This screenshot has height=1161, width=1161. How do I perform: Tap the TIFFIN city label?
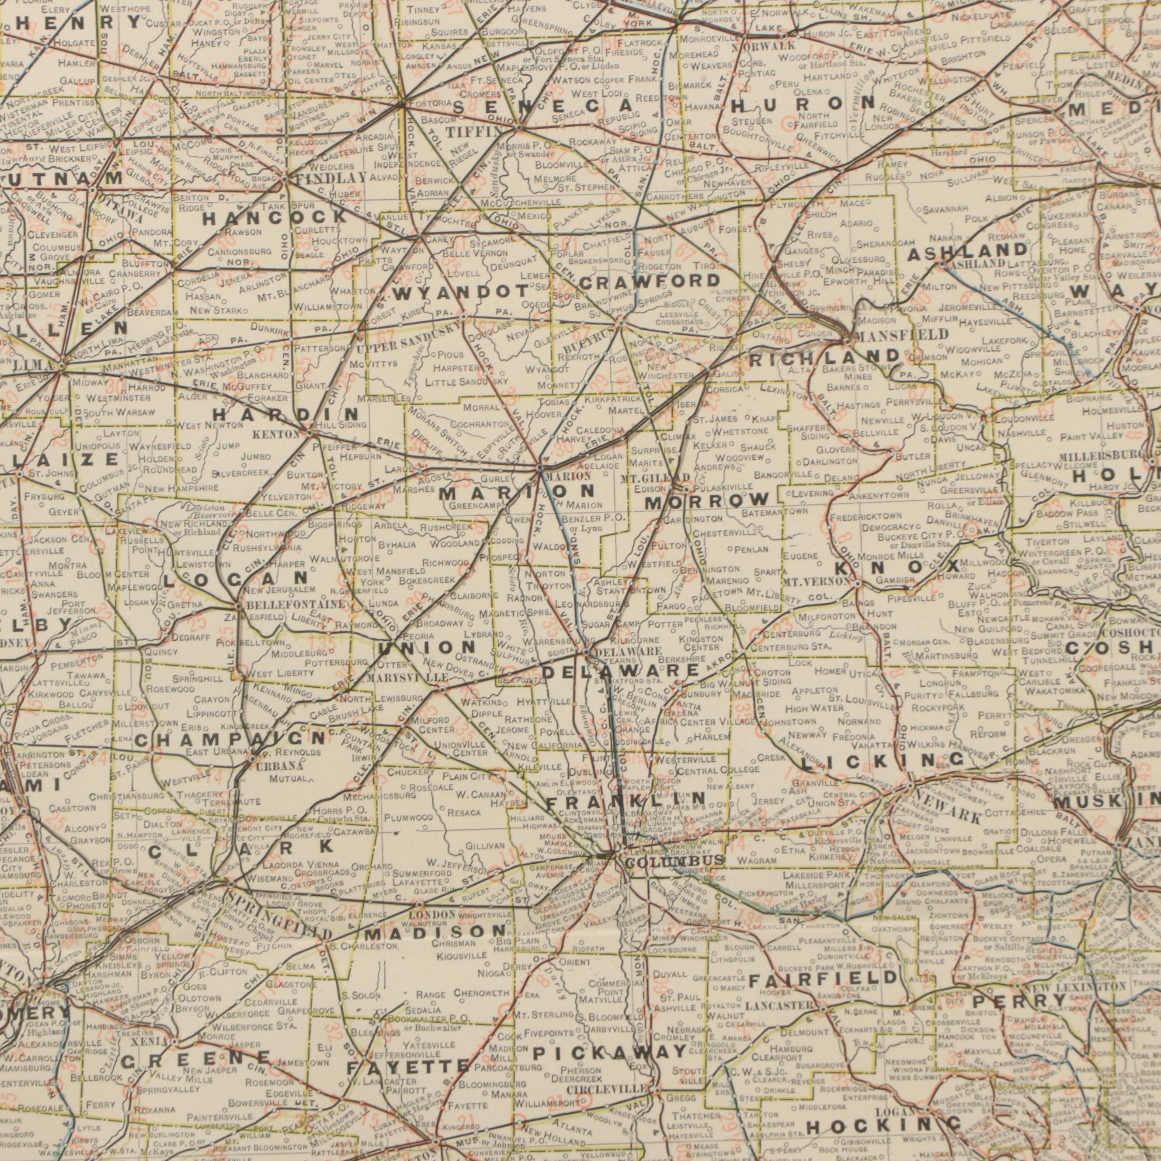(x=465, y=132)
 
